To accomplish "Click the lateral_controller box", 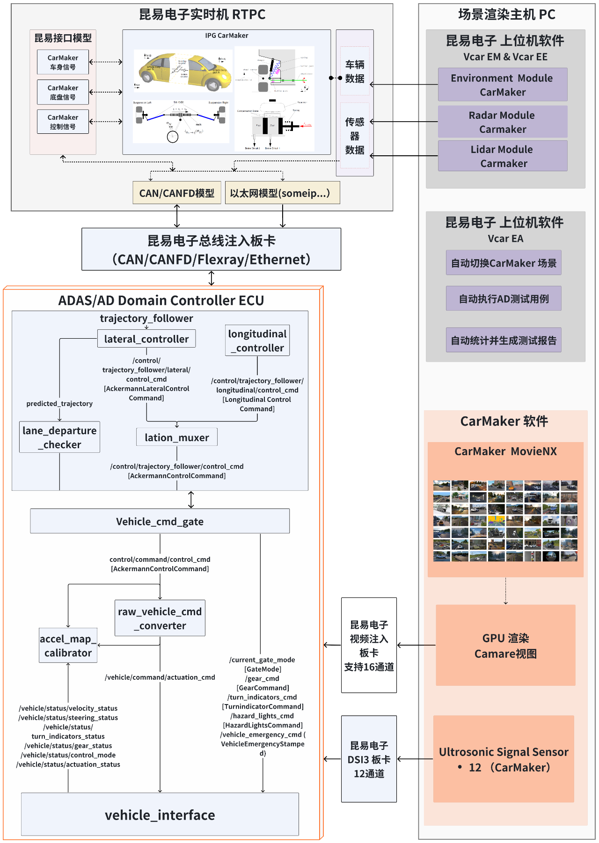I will tap(146, 339).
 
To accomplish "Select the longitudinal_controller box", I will tap(257, 341).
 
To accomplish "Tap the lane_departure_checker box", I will tap(59, 437).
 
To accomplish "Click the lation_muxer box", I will tap(177, 437).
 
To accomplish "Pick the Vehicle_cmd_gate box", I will tap(160, 521).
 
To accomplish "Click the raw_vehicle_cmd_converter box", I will tap(160, 618).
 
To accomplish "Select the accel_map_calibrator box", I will tap(68, 646).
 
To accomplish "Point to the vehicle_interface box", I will tap(160, 814).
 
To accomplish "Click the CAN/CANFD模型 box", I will tap(176, 193).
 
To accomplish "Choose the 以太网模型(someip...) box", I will tap(282, 193).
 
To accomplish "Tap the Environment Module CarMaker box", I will tap(503, 85).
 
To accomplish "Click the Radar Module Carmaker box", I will tap(503, 122).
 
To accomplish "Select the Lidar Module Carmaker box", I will tap(503, 156).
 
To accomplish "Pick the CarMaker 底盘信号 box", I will tap(63, 92).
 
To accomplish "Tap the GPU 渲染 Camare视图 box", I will tap(505, 646).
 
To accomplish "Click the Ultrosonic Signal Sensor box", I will tap(504, 759).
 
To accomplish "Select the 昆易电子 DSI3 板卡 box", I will tap(369, 759).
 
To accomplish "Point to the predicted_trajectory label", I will tap(59, 403).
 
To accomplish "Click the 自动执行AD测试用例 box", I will tap(504, 298).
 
